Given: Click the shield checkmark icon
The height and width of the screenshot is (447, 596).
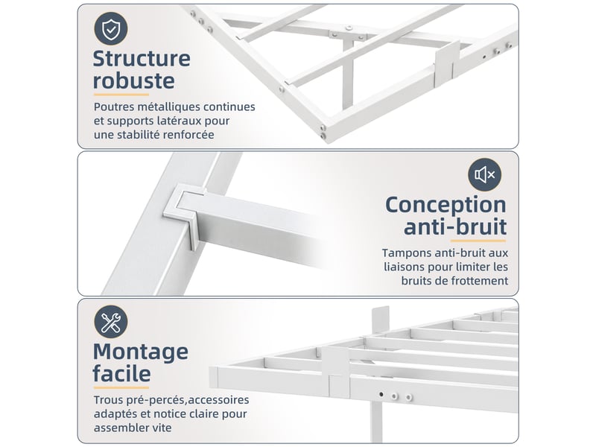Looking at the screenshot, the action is [x=111, y=29].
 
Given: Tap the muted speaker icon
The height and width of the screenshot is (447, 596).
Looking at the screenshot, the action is [x=485, y=175].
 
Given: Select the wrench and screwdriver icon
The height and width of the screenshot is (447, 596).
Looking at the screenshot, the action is [x=111, y=322].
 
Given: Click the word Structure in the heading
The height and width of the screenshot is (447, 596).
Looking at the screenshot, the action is [x=142, y=59].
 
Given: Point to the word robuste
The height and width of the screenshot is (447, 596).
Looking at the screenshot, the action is [x=134, y=80].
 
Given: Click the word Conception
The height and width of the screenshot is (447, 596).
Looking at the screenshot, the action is [x=446, y=206].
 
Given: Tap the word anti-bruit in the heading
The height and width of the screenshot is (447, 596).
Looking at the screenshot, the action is [x=455, y=227].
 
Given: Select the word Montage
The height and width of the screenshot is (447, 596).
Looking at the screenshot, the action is [x=141, y=352].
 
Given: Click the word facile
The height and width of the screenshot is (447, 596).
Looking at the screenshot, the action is [x=121, y=374].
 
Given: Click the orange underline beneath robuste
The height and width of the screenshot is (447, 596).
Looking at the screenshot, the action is [x=121, y=95].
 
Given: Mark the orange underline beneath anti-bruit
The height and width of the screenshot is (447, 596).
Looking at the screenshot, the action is [x=478, y=241].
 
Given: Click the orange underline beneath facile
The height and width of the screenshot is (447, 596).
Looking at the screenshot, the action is [x=121, y=387].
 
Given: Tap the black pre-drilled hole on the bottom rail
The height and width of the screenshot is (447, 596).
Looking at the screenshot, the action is [x=381, y=395].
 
